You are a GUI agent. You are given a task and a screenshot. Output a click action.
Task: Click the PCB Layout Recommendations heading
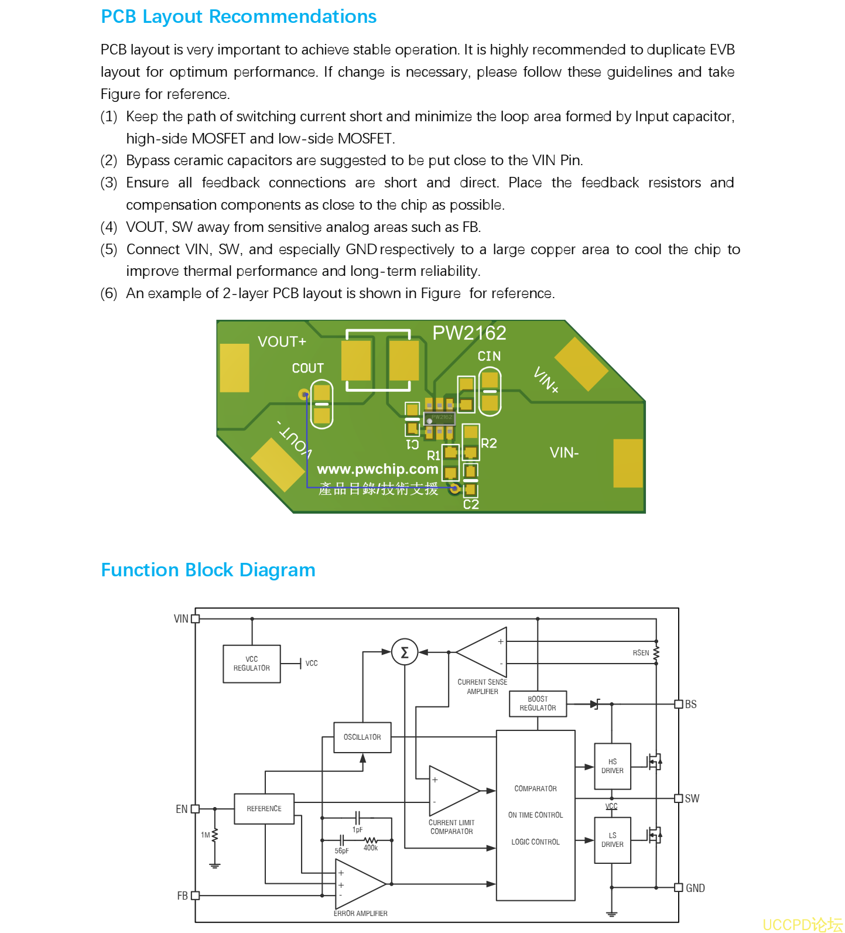(x=238, y=17)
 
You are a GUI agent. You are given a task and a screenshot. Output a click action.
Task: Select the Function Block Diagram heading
(x=208, y=570)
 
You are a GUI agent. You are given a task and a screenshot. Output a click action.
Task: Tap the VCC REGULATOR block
(x=252, y=664)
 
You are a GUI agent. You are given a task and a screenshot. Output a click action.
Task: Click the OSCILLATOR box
(x=362, y=737)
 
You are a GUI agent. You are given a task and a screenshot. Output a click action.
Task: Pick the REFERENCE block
(x=264, y=809)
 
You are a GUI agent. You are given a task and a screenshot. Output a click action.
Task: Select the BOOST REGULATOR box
(x=538, y=703)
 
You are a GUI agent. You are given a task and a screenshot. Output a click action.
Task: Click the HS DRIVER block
(x=613, y=766)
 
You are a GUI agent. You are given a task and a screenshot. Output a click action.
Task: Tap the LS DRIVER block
(x=613, y=840)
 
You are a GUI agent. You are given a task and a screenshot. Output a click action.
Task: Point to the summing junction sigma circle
(x=404, y=652)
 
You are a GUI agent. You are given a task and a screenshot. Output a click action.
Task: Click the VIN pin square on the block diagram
(x=196, y=618)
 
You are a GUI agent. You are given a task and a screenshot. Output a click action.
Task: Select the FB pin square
(x=196, y=896)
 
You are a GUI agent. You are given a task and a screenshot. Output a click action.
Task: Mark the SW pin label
(x=692, y=798)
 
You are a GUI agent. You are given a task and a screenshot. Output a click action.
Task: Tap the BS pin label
(x=691, y=704)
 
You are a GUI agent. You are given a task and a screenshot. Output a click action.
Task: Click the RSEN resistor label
(x=641, y=653)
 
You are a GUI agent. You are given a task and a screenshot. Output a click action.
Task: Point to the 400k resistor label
(x=371, y=848)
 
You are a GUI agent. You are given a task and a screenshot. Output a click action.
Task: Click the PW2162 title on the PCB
(x=469, y=333)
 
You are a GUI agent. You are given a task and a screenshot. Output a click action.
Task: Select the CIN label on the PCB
(x=489, y=356)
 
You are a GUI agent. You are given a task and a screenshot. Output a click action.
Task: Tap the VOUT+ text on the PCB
(x=282, y=341)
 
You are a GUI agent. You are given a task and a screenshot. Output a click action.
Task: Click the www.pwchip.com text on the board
(x=378, y=469)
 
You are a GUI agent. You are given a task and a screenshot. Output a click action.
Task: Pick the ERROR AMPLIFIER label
(x=361, y=914)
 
